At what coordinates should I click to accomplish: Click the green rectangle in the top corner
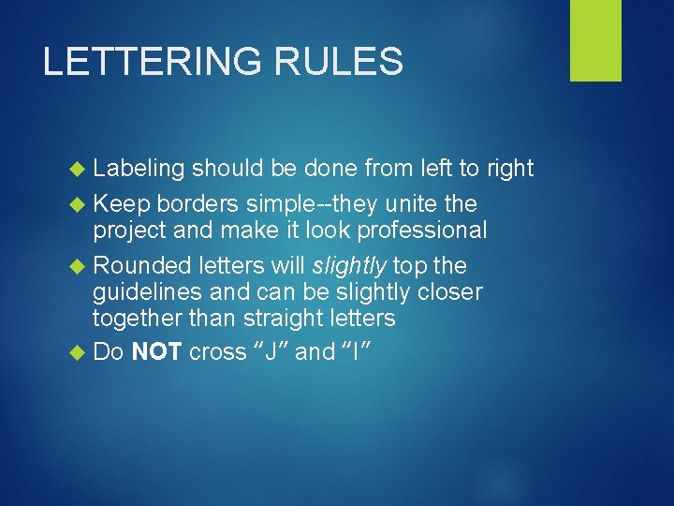[x=595, y=40]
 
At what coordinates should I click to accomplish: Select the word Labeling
[x=139, y=169]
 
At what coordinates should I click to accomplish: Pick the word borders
[x=198, y=203]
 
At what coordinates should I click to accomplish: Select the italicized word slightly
[x=355, y=265]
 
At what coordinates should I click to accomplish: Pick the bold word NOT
[x=157, y=352]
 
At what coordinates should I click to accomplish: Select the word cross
[x=214, y=353]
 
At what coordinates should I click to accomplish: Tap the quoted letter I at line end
[x=358, y=352]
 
